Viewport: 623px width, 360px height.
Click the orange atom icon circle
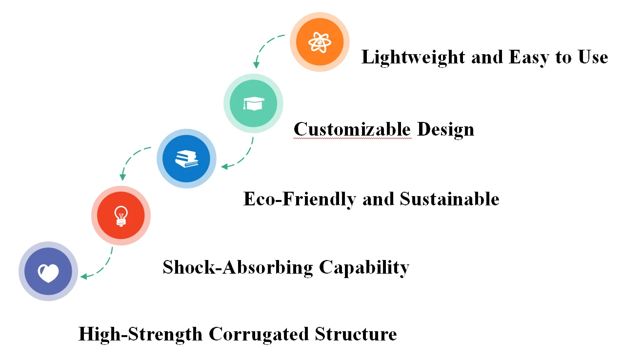tap(320, 42)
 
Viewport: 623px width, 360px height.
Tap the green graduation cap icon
tap(253, 103)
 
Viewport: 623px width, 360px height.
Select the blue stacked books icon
tap(186, 159)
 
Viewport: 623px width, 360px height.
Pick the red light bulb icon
tap(121, 215)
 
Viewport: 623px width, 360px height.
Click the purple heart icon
tap(48, 272)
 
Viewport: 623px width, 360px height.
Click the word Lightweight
tap(413, 58)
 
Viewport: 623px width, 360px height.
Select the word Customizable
tap(352, 129)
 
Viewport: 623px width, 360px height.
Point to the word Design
tap(445, 129)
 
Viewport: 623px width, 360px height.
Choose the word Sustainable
tap(449, 199)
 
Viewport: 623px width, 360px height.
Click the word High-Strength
tap(141, 334)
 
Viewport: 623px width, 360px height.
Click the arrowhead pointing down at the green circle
tap(255, 65)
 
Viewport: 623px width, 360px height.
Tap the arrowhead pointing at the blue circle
tap(224, 167)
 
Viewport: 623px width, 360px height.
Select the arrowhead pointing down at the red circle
tap(122, 177)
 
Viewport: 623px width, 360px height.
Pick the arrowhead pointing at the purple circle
tap(83, 277)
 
